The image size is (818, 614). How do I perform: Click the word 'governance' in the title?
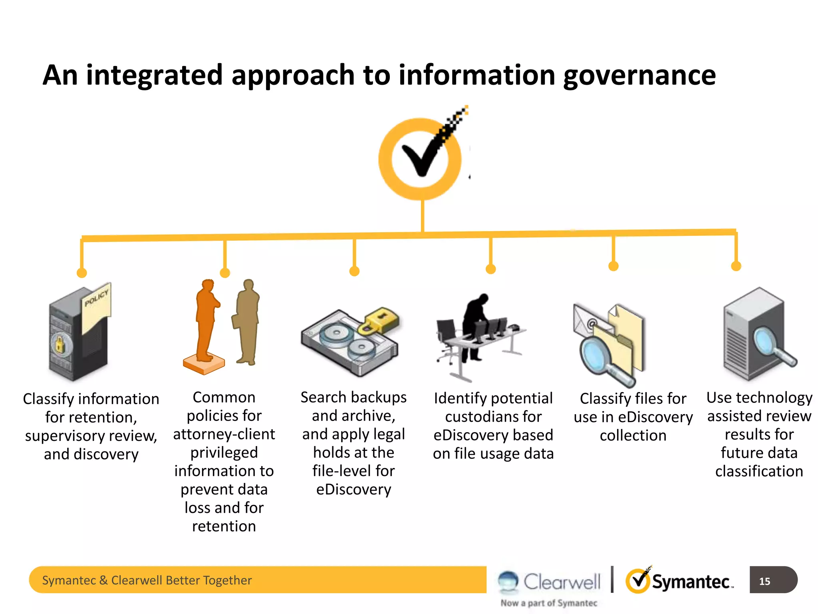[639, 76]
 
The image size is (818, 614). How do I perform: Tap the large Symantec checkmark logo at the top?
[421, 158]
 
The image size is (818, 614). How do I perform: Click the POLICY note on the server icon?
[96, 306]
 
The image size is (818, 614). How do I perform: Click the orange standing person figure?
[206, 320]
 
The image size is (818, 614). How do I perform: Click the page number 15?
[764, 581]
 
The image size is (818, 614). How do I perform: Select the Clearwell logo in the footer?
[550, 582]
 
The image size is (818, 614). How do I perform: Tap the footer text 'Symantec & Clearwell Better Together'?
[147, 580]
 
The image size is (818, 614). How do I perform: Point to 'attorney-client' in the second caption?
[224, 434]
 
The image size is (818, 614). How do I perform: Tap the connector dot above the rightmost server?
[736, 266]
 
